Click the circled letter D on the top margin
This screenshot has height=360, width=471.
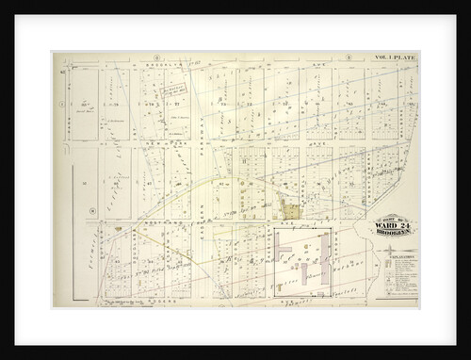point(153,57)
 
